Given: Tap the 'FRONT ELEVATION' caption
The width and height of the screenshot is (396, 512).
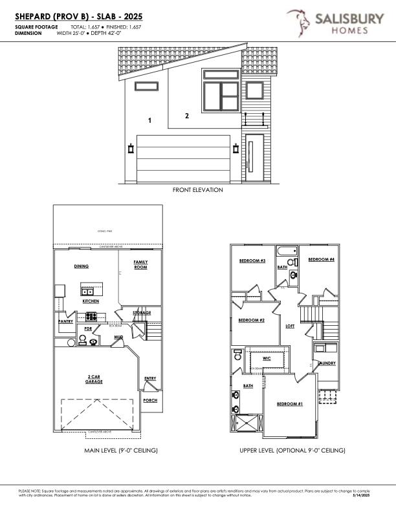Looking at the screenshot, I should pyautogui.click(x=197, y=190).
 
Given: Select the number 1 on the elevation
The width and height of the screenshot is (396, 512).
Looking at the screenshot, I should pyautogui.click(x=149, y=120).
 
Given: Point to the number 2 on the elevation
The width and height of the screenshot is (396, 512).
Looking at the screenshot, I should pyautogui.click(x=187, y=116).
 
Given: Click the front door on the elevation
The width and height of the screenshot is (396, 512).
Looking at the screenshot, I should pyautogui.click(x=254, y=158).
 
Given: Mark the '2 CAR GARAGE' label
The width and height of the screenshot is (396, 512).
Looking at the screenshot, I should pyautogui.click(x=95, y=378).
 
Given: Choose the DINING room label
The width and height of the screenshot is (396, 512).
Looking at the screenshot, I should pyautogui.click(x=81, y=266).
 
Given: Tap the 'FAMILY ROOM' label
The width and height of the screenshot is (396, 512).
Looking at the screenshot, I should pyautogui.click(x=140, y=264).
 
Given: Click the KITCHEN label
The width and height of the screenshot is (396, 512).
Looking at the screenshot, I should pyautogui.click(x=91, y=301).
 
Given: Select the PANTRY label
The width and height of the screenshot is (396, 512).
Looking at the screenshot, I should pyautogui.click(x=65, y=321).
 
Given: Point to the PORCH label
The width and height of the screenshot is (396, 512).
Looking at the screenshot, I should pyautogui.click(x=149, y=400).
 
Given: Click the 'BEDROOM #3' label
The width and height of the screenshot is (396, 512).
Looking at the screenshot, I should pyautogui.click(x=252, y=261).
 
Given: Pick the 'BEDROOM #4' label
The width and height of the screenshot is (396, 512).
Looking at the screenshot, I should pyautogui.click(x=321, y=259).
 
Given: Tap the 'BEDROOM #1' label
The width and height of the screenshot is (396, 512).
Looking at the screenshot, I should pyautogui.click(x=290, y=404).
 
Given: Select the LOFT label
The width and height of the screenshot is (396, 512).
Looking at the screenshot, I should pyautogui.click(x=291, y=326).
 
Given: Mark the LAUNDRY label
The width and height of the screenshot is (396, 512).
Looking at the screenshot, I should pyautogui.click(x=326, y=363).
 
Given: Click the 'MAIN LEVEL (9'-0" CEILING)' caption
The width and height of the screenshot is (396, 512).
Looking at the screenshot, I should pyautogui.click(x=121, y=450).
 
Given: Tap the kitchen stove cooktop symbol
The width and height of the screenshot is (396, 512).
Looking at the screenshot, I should pyautogui.click(x=91, y=316).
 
